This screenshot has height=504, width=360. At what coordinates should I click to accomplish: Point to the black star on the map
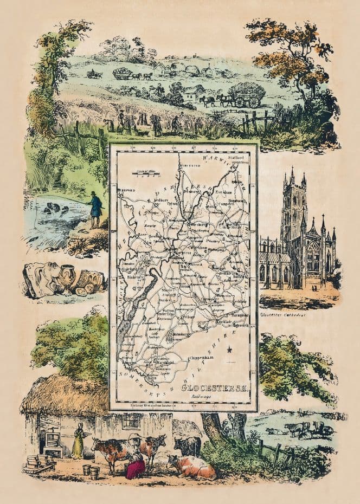[230, 350]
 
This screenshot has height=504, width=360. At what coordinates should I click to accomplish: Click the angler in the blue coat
[95, 209]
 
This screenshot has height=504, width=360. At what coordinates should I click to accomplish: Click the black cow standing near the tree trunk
[187, 445]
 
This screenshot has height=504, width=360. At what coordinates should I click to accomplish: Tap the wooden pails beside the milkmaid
[90, 471]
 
